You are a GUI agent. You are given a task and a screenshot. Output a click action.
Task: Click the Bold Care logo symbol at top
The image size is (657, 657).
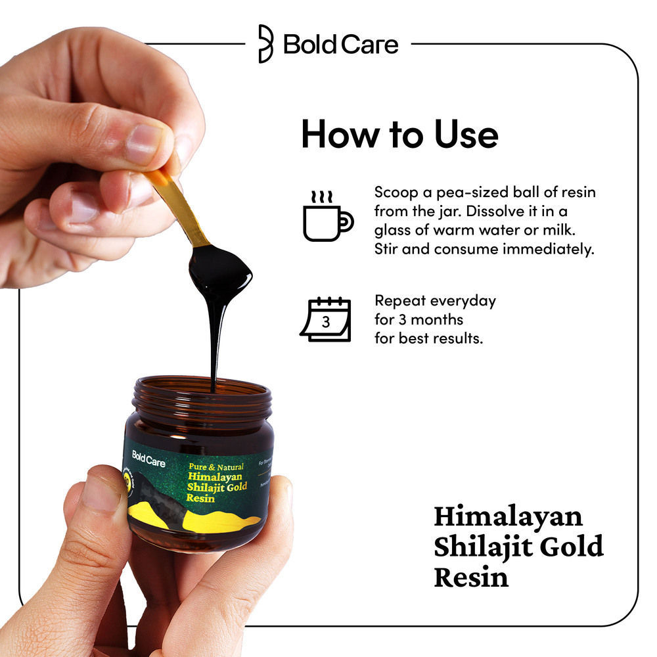(265, 44)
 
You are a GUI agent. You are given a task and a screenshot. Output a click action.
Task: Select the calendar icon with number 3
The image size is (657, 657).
(327, 320)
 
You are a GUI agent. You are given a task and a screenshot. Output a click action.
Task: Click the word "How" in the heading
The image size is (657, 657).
(334, 134)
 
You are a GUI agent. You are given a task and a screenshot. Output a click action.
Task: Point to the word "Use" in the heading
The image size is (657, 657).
(465, 134)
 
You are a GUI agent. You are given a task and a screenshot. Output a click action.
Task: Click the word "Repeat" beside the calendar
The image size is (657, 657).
(401, 301)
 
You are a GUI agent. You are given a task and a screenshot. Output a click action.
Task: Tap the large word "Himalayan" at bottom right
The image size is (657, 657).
(508, 516)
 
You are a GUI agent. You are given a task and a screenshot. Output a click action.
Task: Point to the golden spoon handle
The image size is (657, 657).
(181, 204)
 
